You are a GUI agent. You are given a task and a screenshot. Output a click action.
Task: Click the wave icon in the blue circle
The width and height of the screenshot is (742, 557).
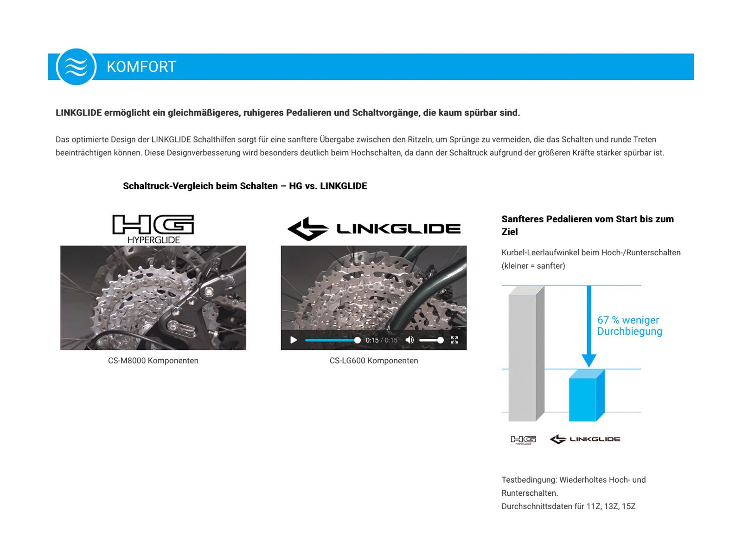[x=76, y=67]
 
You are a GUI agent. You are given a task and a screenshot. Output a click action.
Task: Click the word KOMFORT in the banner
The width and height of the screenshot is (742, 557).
[x=141, y=67]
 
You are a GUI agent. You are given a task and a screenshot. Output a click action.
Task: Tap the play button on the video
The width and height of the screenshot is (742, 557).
[x=294, y=340]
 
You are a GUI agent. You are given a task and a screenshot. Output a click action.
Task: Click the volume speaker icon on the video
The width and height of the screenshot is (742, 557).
[x=409, y=340]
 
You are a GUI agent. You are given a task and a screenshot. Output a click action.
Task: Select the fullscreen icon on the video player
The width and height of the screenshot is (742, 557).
[x=454, y=340]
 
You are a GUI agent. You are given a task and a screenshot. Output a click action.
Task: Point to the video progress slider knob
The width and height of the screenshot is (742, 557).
[x=357, y=340]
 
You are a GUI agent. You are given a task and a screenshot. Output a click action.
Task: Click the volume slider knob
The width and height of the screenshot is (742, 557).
[x=440, y=340]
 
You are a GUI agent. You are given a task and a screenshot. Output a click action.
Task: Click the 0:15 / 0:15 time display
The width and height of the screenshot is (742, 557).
[x=381, y=340]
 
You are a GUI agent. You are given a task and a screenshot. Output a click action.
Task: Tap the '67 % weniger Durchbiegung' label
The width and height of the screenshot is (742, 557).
[x=629, y=325]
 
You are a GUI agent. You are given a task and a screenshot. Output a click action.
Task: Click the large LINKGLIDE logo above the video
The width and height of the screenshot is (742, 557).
[x=374, y=228]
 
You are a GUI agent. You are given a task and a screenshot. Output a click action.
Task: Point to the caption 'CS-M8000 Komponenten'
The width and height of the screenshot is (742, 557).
[x=153, y=361]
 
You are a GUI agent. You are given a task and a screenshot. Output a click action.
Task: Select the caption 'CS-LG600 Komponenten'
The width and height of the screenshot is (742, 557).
[x=374, y=361]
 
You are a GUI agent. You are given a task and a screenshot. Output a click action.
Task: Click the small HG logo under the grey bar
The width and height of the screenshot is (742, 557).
[x=523, y=440]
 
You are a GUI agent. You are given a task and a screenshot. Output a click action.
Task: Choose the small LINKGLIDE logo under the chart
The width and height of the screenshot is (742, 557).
[x=585, y=439]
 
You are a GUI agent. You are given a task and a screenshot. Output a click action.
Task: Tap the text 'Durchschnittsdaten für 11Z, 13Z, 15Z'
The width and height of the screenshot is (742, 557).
[x=568, y=506]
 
